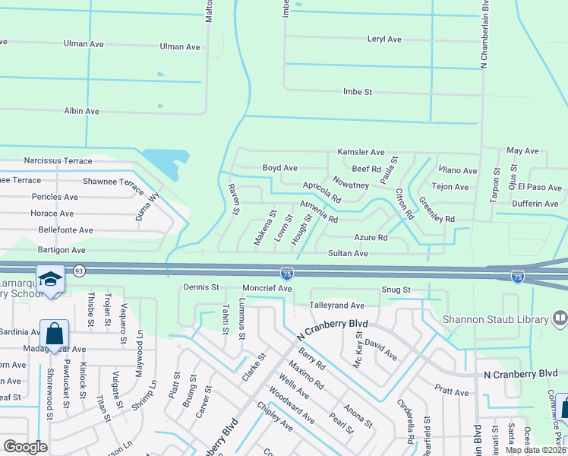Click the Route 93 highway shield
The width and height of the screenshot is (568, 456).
click(79, 271)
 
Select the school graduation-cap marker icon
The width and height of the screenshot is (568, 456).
click(51, 280)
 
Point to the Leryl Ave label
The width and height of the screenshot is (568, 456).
click(383, 39)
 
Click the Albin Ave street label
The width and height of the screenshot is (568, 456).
click(82, 111)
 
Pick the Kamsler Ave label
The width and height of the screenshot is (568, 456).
click(361, 152)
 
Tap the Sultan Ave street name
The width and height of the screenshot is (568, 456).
click(348, 253)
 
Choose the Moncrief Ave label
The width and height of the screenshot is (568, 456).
click(267, 288)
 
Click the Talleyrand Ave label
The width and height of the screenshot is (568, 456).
click(337, 305)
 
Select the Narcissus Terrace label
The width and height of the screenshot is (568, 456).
click(58, 161)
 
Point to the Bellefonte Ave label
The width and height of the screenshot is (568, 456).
click(65, 230)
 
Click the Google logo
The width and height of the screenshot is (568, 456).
click(25, 447)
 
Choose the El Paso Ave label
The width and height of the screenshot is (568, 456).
click(540, 187)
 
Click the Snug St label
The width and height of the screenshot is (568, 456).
click(396, 290)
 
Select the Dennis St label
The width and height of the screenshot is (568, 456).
click(201, 288)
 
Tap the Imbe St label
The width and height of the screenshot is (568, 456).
click(358, 92)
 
